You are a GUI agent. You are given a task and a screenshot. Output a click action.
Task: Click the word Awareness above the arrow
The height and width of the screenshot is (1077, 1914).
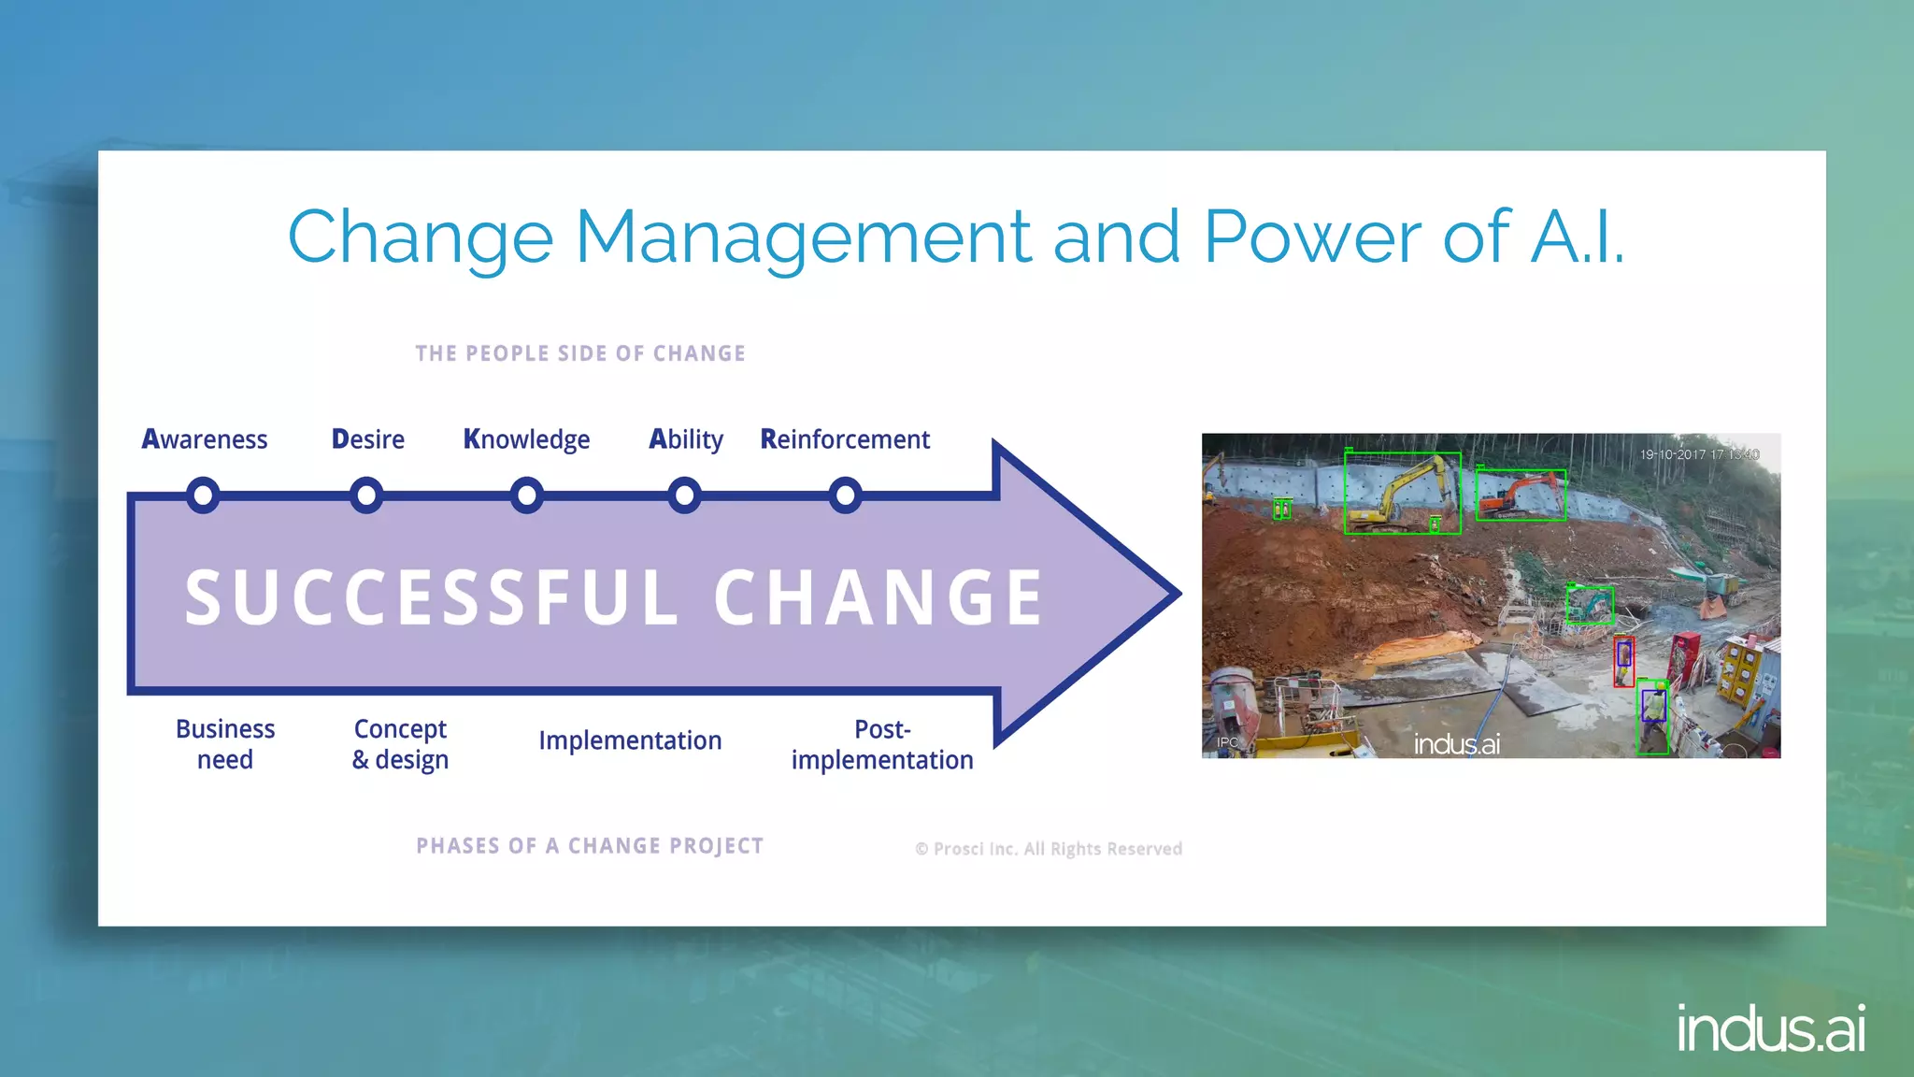(205, 439)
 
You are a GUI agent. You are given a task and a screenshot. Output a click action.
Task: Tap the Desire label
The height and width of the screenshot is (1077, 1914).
(368, 439)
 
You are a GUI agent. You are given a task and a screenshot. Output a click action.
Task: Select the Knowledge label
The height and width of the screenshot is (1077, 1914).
(527, 439)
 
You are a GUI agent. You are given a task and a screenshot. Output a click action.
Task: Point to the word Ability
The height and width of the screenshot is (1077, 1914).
(686, 439)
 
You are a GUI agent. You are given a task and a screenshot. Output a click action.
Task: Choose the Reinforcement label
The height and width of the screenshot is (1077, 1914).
(845, 439)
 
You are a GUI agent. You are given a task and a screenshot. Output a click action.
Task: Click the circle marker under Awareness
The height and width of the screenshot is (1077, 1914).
(203, 495)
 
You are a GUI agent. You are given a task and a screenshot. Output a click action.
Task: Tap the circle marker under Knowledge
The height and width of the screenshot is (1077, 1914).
(527, 495)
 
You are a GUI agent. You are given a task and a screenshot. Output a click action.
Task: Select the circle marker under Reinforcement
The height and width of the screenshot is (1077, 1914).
(845, 495)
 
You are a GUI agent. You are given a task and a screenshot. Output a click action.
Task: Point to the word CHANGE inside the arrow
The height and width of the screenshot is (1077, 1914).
(878, 598)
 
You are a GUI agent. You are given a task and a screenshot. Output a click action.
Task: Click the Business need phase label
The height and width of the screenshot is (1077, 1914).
(225, 744)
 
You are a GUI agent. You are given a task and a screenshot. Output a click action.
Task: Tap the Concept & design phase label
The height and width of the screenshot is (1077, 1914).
(400, 744)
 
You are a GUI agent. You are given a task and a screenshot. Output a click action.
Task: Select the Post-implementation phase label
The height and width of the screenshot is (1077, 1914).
(882, 744)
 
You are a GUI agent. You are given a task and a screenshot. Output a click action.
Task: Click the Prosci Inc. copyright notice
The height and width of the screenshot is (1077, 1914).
(1049, 849)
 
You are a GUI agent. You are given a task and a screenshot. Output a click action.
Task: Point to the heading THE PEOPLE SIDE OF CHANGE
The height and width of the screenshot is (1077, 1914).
(580, 353)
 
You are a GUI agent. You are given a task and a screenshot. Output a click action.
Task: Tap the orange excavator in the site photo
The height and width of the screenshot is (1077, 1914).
(1520, 495)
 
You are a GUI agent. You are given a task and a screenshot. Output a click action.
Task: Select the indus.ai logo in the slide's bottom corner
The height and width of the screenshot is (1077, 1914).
(1771, 1029)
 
